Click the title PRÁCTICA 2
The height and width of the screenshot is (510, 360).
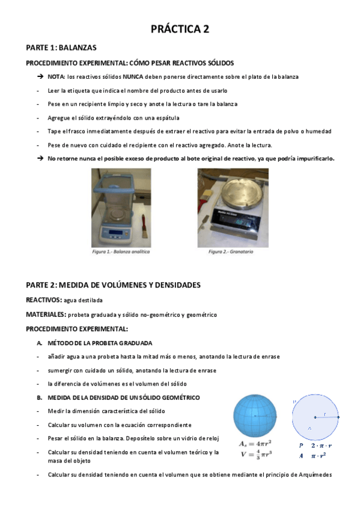coord(180,28)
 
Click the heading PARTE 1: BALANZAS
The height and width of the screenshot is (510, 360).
coord(61,47)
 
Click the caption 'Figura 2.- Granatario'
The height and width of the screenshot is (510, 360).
coord(231,252)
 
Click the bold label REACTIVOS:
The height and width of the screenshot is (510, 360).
coord(44,300)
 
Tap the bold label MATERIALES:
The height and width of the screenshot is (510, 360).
coord(46,315)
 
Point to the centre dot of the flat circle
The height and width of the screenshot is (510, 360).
coord(314,417)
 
